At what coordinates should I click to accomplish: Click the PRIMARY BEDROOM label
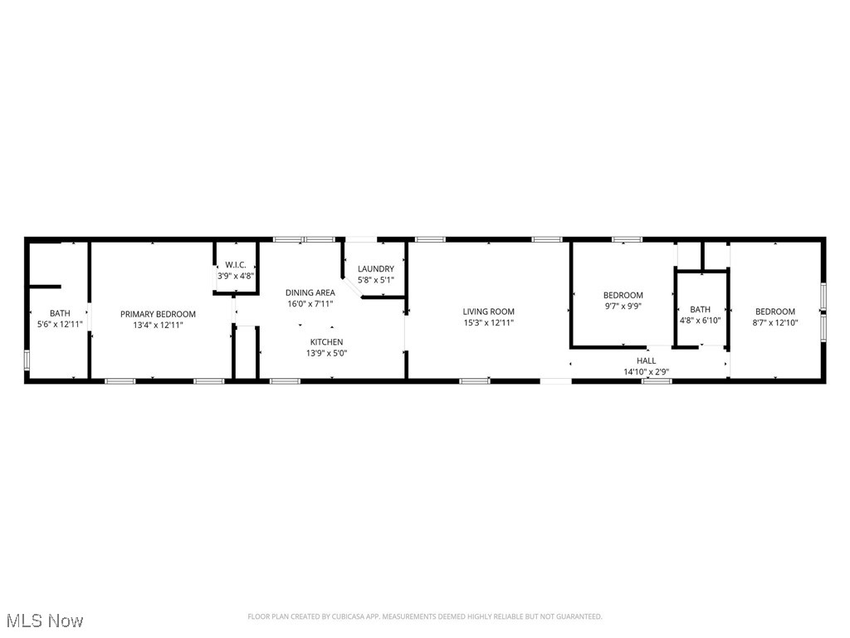click(158, 314)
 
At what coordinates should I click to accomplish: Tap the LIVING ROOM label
click(489, 312)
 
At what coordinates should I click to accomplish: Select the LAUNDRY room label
click(375, 269)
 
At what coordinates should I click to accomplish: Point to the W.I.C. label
click(236, 265)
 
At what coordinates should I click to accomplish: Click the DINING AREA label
click(310, 292)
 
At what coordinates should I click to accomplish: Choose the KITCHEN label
click(326, 342)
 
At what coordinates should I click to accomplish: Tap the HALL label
click(646, 361)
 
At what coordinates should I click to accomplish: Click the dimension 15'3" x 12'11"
click(489, 322)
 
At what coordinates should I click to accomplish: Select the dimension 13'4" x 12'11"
click(158, 325)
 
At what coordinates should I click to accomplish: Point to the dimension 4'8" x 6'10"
click(700, 320)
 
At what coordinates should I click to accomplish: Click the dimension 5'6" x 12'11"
click(60, 324)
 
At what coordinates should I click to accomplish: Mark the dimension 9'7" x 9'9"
click(623, 306)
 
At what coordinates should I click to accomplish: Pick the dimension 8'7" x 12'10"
click(774, 322)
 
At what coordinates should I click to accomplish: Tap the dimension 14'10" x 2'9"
click(646, 371)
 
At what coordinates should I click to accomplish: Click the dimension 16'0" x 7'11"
click(310, 303)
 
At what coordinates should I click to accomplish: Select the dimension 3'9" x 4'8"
click(236, 276)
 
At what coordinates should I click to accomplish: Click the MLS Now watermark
click(45, 621)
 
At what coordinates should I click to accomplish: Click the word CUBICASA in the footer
click(353, 616)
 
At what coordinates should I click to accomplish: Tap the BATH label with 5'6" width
click(60, 313)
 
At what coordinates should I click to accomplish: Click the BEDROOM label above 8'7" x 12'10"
click(774, 312)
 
